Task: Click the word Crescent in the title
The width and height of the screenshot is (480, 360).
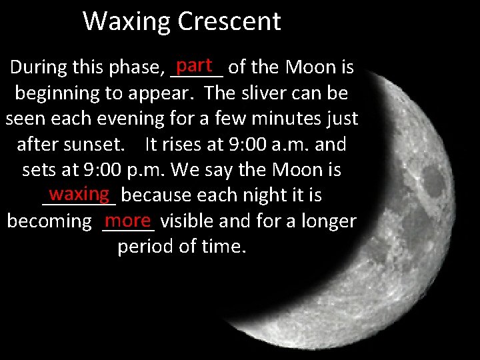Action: pos(231,21)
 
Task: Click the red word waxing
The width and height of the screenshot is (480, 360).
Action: pos(79,193)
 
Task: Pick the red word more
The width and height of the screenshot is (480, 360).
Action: pos(129,219)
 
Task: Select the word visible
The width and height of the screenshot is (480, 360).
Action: pos(189,221)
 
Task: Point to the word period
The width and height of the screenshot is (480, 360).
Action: pos(144,247)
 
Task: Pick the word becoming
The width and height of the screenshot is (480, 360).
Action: pos(49,221)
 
